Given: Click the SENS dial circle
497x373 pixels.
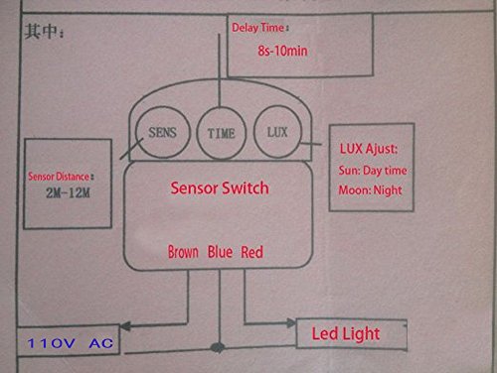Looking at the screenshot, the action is pos(136,132).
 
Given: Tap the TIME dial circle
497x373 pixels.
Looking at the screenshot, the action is pos(197,132).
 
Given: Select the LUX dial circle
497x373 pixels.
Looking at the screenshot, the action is pos(253,132).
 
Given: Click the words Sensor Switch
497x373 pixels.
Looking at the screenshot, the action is pos(220,187).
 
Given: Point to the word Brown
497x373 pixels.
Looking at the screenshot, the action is pos(183,252).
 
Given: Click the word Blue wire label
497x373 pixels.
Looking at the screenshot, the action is pos(220,252).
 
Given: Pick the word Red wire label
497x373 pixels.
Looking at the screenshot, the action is pos(252,252).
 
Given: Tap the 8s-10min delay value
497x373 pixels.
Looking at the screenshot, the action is pos(282,51).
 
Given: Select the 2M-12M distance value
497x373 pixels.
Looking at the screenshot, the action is pos(68,192).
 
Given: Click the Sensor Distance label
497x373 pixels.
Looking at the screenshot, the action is pos(61,177).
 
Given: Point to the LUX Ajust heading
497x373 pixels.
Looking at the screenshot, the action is pos(369,149).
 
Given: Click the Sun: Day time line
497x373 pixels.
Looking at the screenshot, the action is pos(373,171).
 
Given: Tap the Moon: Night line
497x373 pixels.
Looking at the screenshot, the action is pos(370,190).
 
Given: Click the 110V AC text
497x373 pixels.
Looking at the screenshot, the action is pos(71,343).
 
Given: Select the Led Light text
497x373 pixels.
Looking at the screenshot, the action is pos(346,333).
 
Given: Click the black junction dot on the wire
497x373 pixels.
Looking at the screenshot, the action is pos(218,347).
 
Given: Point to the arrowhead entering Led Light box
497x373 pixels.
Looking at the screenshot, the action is pos(291,322).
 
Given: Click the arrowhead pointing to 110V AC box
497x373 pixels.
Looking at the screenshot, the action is pos(125,326).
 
